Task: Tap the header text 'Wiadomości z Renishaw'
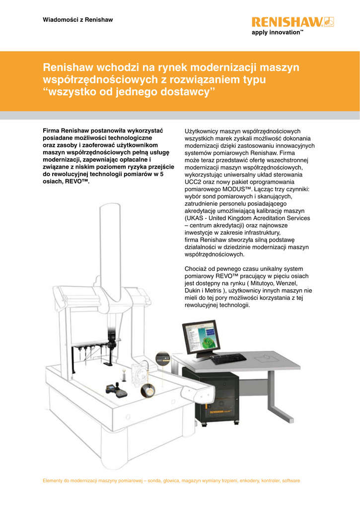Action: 78,20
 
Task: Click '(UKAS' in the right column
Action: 194,218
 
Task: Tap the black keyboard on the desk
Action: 228,359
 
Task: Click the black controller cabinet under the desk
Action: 211,394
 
